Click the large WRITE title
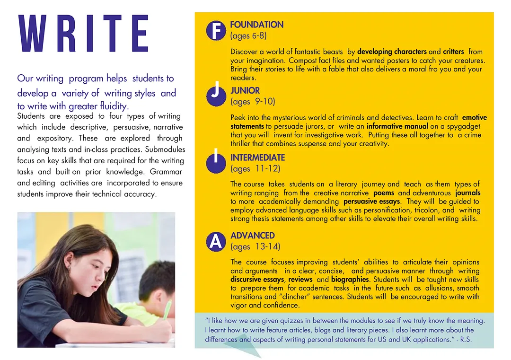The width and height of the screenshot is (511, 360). [83, 34]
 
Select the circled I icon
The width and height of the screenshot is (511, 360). [216, 160]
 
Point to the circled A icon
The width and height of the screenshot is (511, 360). [216, 241]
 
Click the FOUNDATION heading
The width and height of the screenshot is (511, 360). [256, 25]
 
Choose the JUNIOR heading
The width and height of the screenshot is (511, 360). [245, 90]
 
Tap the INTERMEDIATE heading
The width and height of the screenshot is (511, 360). [257, 158]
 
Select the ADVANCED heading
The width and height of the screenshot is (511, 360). [252, 236]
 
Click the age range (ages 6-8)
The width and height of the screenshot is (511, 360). [249, 36]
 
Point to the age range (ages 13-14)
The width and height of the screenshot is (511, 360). [255, 246]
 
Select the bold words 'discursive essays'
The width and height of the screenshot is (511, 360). [257, 280]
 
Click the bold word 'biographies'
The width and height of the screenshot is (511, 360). [350, 280]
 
